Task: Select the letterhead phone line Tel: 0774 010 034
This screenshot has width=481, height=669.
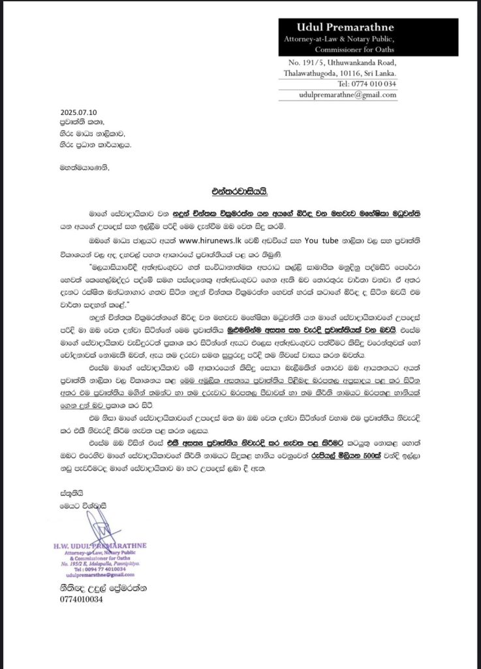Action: coord(367,84)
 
